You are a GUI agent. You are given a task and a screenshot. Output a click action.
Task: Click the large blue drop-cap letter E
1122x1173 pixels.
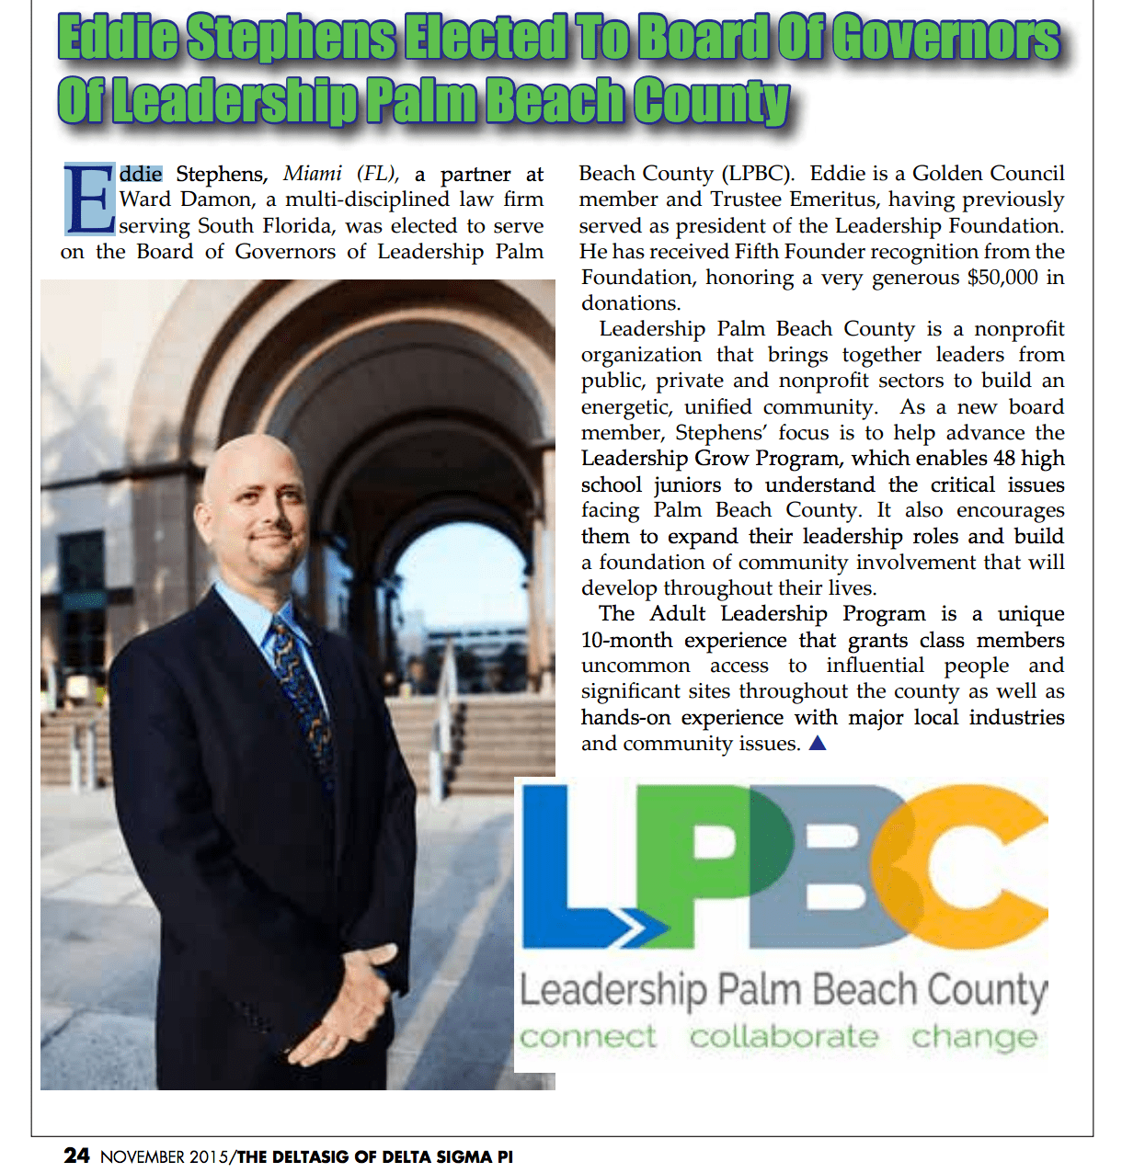(x=89, y=199)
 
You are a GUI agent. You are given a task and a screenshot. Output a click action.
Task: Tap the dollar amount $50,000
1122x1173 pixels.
(x=1002, y=278)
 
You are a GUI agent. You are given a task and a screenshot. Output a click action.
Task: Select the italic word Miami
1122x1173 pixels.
(x=313, y=174)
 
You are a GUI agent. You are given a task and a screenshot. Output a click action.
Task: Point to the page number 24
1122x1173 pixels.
(x=76, y=1156)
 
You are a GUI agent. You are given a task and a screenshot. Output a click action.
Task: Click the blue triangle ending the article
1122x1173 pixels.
(x=817, y=743)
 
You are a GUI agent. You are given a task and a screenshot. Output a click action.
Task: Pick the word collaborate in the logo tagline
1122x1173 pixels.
(x=784, y=1037)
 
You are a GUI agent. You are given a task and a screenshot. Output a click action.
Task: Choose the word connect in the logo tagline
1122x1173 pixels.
(x=588, y=1037)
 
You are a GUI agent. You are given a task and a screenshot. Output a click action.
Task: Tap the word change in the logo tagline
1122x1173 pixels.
(x=974, y=1038)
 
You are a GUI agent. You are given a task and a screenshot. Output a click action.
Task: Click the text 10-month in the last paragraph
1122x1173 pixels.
(x=626, y=640)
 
